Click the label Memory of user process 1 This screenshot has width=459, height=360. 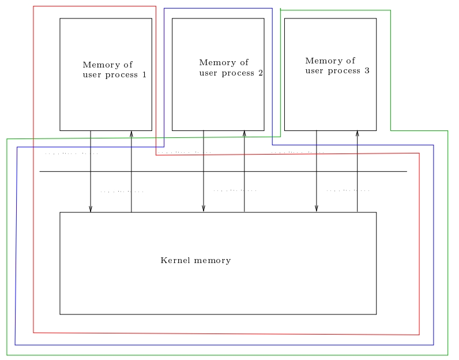coord(114,70)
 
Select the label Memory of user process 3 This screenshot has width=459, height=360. coord(337,66)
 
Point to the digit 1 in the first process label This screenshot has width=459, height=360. coord(144,74)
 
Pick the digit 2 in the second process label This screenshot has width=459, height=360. coord(261,73)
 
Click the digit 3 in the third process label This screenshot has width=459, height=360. coord(367,71)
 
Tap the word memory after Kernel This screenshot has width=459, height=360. coord(213,260)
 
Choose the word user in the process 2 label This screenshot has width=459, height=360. coord(209,73)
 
